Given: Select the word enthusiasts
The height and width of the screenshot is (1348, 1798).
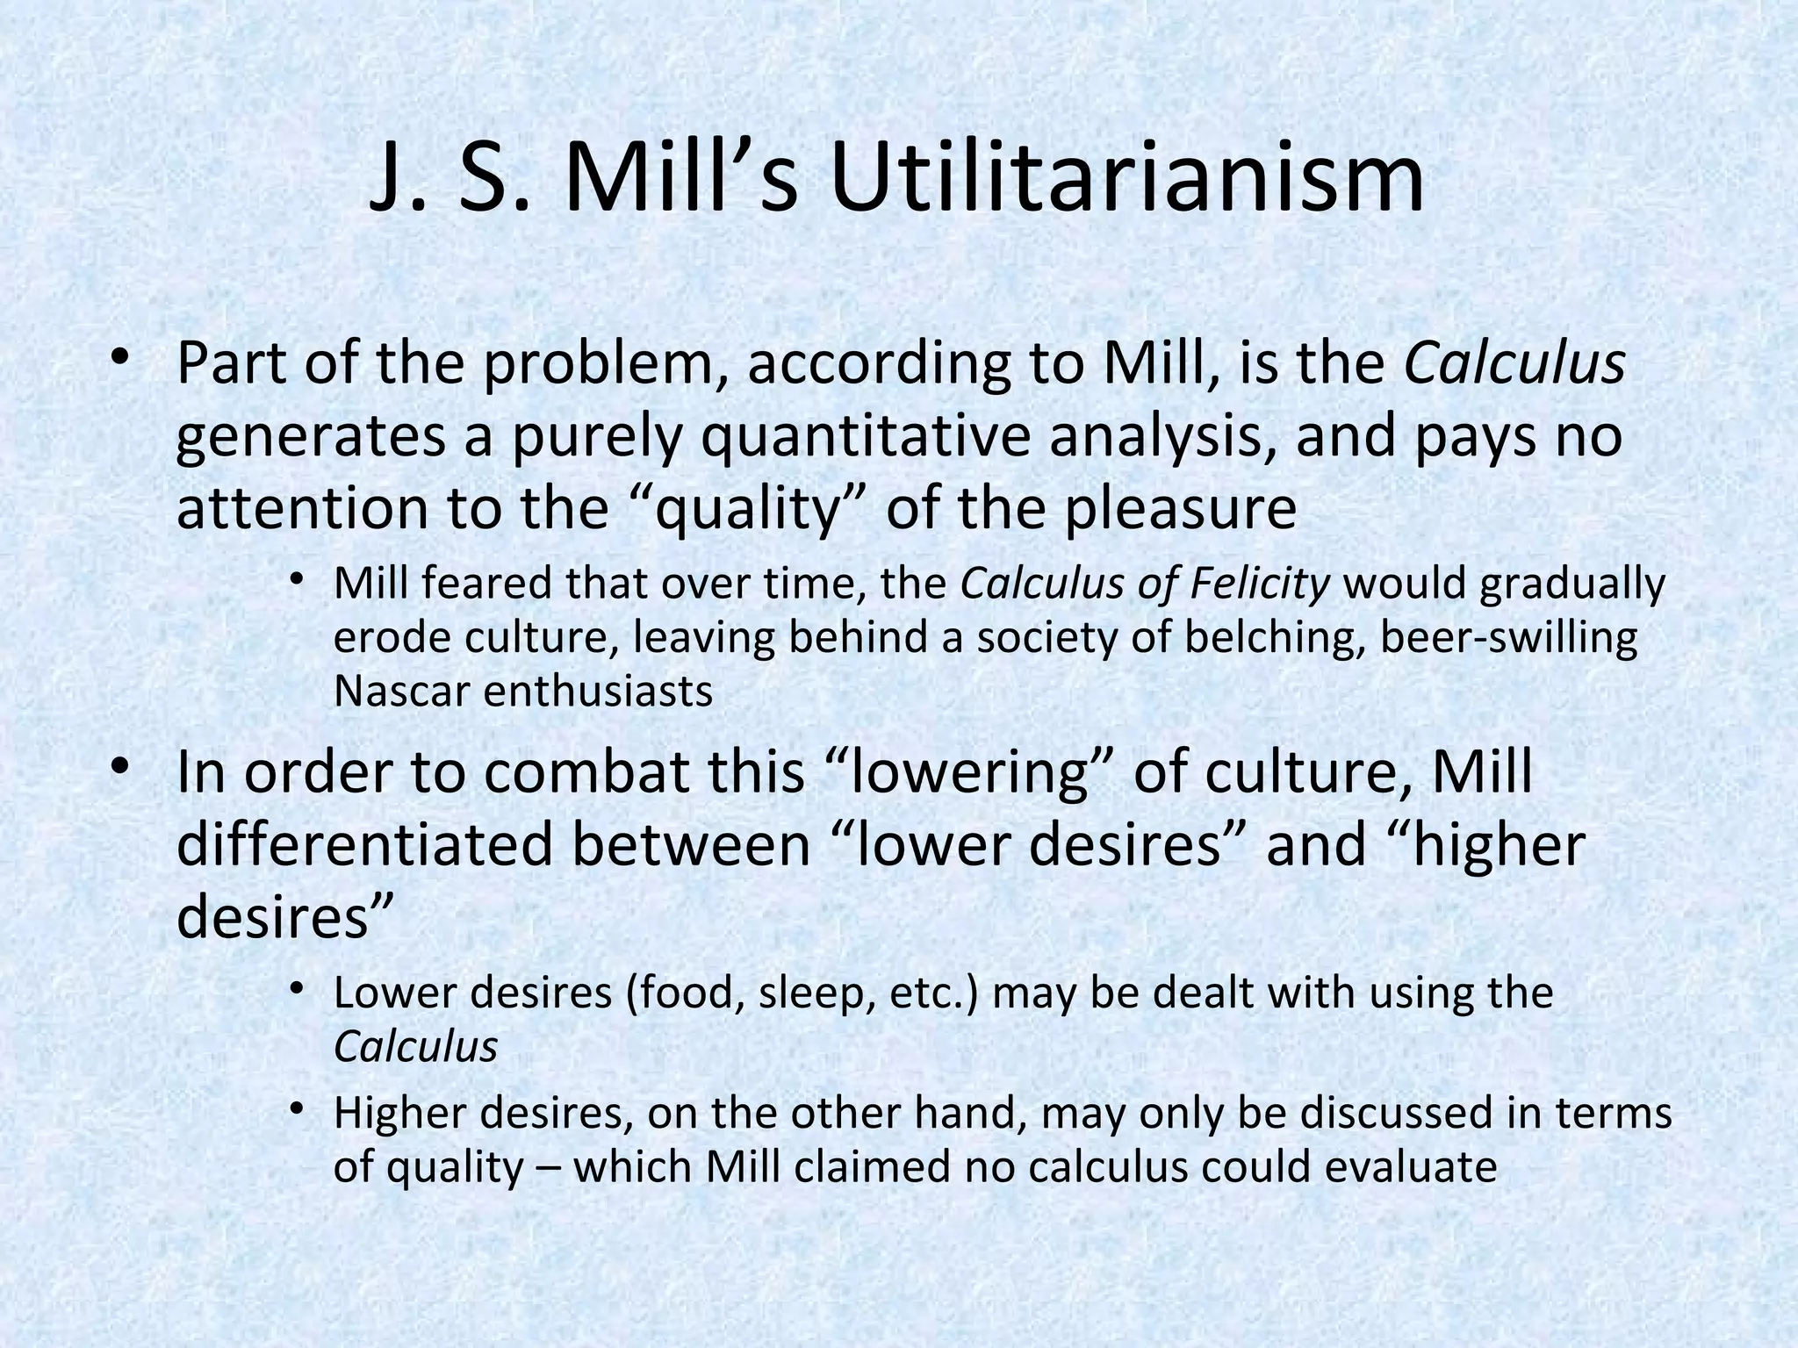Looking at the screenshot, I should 598,692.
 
